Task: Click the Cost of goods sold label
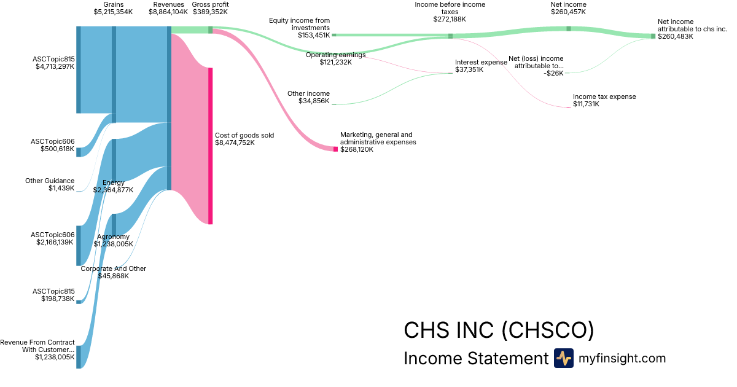point(244,135)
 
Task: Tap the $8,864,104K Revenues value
point(168,12)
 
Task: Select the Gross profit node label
point(210,4)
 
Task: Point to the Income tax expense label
point(604,96)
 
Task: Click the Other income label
point(308,93)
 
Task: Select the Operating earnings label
point(335,55)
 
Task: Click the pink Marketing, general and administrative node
point(335,149)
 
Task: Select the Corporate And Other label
point(114,268)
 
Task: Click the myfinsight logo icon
point(563,358)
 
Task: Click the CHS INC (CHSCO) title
point(499,330)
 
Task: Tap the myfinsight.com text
point(622,358)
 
